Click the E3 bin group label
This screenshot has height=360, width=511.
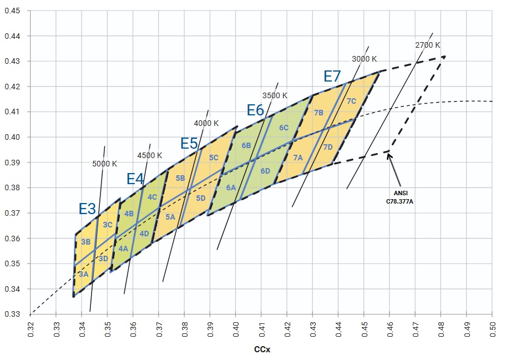click(x=87, y=209)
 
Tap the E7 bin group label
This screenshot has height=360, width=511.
click(x=332, y=77)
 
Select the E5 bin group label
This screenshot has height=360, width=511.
click(x=189, y=143)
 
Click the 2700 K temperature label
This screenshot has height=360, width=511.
click(x=427, y=44)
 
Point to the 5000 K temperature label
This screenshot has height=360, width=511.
click(x=104, y=164)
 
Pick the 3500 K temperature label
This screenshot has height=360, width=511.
click(x=275, y=95)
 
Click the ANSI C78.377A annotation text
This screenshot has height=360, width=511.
click(x=399, y=198)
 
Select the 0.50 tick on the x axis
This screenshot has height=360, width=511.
click(x=492, y=328)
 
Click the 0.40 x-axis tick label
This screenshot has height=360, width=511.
click(x=235, y=328)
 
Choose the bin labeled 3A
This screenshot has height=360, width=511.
click(x=83, y=274)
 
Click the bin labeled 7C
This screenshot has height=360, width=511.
click(x=351, y=101)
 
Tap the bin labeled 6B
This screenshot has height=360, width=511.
click(x=246, y=145)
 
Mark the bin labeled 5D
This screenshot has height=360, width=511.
click(x=201, y=198)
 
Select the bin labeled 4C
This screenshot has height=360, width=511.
click(x=152, y=196)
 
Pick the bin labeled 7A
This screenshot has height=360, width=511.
click(x=298, y=158)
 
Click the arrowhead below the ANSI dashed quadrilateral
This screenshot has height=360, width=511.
click(x=389, y=154)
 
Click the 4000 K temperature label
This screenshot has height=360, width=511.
click(x=206, y=123)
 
